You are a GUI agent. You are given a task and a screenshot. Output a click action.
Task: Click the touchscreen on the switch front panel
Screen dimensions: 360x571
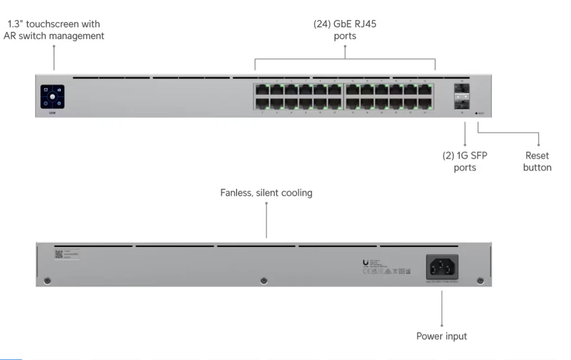[x=52, y=96]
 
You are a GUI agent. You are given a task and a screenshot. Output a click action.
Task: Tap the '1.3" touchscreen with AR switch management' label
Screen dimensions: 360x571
[x=54, y=30]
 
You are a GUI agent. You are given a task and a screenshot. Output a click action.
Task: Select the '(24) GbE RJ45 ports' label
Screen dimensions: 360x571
[x=345, y=30]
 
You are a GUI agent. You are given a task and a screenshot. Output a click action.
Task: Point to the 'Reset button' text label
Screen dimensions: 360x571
[x=537, y=161]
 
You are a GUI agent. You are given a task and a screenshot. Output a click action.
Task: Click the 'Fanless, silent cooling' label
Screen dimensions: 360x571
[x=266, y=193]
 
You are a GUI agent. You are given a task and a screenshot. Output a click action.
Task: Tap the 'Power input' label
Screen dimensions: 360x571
[x=441, y=336]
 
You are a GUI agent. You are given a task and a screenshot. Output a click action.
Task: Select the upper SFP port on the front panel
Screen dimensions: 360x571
[x=461, y=89]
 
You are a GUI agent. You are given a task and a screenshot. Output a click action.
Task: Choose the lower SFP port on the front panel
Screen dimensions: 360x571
[x=461, y=102]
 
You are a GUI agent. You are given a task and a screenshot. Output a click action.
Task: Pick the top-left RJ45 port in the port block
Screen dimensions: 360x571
[x=262, y=90]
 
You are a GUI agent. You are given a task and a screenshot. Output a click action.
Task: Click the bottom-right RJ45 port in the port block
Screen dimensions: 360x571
[x=425, y=104]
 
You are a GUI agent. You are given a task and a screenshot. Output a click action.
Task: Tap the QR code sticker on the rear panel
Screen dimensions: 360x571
[x=59, y=254]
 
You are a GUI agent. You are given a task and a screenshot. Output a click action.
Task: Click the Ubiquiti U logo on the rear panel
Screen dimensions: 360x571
[x=365, y=262]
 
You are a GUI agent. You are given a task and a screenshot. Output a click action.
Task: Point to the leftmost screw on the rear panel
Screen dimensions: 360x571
[x=48, y=280]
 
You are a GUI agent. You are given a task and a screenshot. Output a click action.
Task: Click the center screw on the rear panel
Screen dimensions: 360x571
[x=264, y=280]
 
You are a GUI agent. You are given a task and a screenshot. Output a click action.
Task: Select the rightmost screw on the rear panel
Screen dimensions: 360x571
[x=480, y=280]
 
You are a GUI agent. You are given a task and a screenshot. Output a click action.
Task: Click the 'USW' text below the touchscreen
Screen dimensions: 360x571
[x=52, y=113]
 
